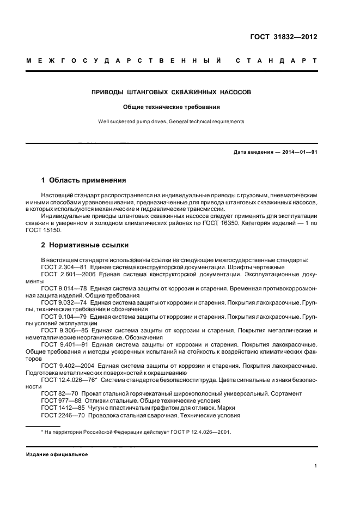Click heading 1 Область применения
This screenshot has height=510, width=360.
click(x=84, y=179)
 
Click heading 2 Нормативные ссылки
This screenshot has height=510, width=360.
click(x=86, y=245)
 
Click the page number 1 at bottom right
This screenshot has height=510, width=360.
click(x=315, y=466)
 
